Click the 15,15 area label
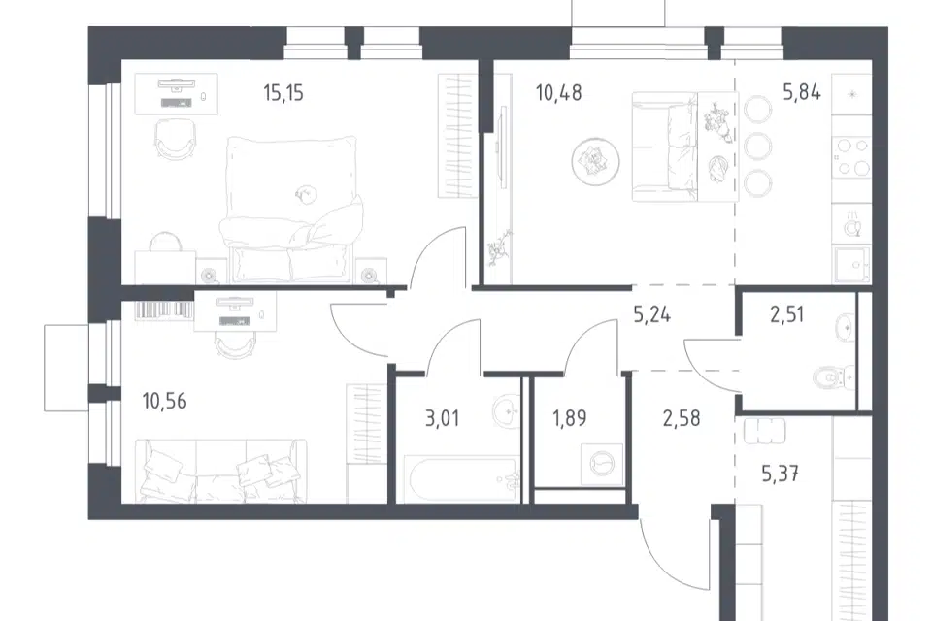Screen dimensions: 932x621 (283, 93)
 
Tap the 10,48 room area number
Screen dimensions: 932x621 (559, 93)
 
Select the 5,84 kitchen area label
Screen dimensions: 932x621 (802, 92)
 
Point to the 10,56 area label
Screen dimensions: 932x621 (165, 401)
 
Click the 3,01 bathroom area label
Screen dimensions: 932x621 (443, 418)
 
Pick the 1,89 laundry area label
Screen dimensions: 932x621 (570, 418)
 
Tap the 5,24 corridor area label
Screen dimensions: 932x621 (652, 314)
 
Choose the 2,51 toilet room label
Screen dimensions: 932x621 (787, 314)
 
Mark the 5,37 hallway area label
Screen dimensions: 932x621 (780, 474)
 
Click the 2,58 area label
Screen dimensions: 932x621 (682, 418)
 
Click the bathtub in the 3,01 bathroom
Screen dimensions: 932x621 (460, 479)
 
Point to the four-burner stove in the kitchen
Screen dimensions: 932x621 (851, 157)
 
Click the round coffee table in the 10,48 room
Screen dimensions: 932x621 (595, 162)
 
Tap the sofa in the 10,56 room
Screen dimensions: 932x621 (220, 471)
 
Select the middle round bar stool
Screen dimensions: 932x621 (758, 146)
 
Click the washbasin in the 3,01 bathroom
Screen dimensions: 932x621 (507, 410)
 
